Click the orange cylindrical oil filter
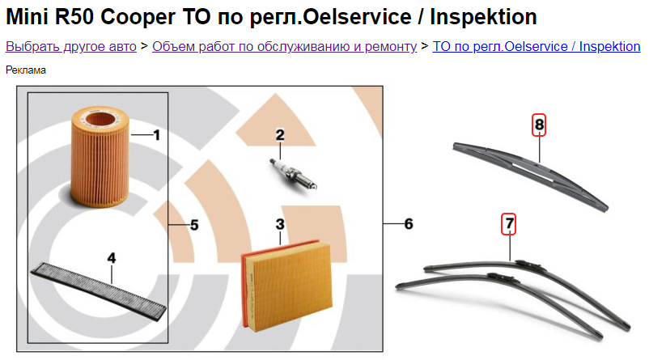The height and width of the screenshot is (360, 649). [100, 156]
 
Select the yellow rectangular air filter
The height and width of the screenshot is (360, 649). [286, 286]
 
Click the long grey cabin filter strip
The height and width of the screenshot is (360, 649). [99, 293]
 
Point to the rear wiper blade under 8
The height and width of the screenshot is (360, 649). [531, 176]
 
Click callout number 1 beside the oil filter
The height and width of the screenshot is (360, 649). [156, 135]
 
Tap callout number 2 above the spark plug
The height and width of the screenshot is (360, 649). [280, 135]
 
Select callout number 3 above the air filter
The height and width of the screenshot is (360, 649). [280, 224]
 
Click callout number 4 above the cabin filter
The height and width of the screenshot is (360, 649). [112, 258]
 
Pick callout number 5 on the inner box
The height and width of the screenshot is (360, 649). [194, 225]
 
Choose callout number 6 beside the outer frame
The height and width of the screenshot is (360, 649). [409, 224]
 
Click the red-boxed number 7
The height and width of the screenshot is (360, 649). [509, 224]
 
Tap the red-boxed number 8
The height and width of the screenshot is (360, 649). [539, 125]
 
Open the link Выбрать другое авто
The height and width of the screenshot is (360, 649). [70, 47]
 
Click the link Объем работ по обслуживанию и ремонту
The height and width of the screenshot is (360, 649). [284, 47]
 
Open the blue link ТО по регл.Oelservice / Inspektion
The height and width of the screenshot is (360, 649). [537, 47]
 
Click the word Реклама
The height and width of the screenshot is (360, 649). [26, 70]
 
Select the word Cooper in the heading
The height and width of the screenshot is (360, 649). [138, 17]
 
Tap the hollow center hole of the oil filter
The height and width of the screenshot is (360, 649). [100, 120]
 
